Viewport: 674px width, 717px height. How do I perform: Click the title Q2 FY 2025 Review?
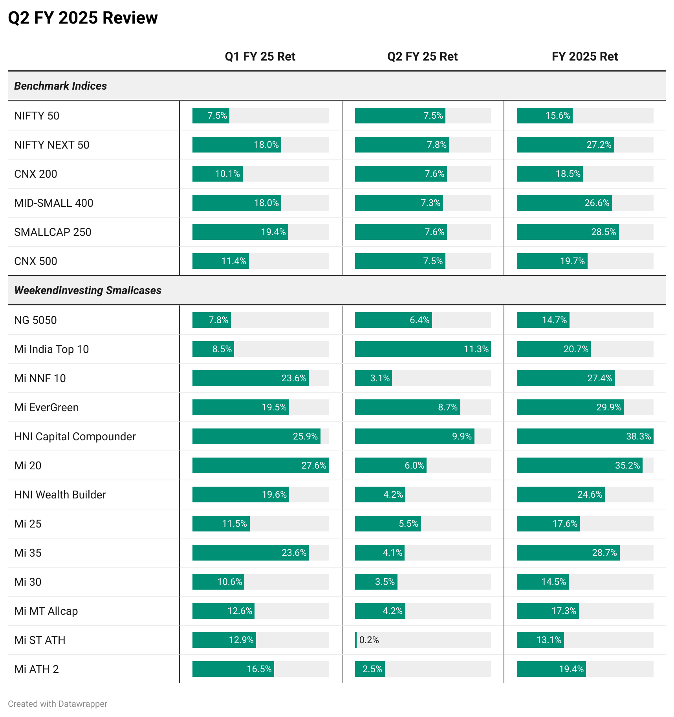pyautogui.click(x=83, y=18)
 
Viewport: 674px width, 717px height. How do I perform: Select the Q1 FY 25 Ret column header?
pyautogui.click(x=260, y=57)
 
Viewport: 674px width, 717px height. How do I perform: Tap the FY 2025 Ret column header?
pyautogui.click(x=584, y=57)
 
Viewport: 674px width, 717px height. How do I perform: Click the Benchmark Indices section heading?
pyautogui.click(x=60, y=86)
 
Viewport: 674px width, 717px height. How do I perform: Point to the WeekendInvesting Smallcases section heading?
pyautogui.click(x=88, y=290)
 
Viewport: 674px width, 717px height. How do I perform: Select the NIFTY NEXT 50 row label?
pyautogui.click(x=52, y=145)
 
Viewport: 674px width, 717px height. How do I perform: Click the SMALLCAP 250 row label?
pyautogui.click(x=53, y=232)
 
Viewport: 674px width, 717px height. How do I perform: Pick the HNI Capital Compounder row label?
pyautogui.click(x=75, y=437)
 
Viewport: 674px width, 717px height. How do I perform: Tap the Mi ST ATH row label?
pyautogui.click(x=40, y=640)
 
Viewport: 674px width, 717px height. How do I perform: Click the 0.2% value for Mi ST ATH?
pyautogui.click(x=369, y=640)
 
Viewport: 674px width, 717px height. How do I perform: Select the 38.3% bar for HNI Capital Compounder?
pyautogui.click(x=584, y=437)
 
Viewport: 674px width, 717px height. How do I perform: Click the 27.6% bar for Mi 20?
pyautogui.click(x=260, y=466)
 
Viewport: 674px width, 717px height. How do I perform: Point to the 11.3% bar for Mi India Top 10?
pyautogui.click(x=423, y=349)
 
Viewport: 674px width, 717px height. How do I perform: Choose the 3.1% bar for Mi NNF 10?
pyautogui.click(x=373, y=379)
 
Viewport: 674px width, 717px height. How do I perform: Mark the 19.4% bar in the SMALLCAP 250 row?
pyautogui.click(x=240, y=232)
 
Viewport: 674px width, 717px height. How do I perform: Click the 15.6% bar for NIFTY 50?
pyautogui.click(x=544, y=116)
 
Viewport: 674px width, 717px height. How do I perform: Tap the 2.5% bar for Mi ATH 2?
pyautogui.click(x=370, y=669)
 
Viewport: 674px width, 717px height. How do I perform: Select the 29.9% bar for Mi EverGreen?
pyautogui.click(x=570, y=408)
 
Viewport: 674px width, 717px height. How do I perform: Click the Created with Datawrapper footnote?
pyautogui.click(x=57, y=704)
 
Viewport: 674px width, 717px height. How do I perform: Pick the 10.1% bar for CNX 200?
pyautogui.click(x=217, y=174)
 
